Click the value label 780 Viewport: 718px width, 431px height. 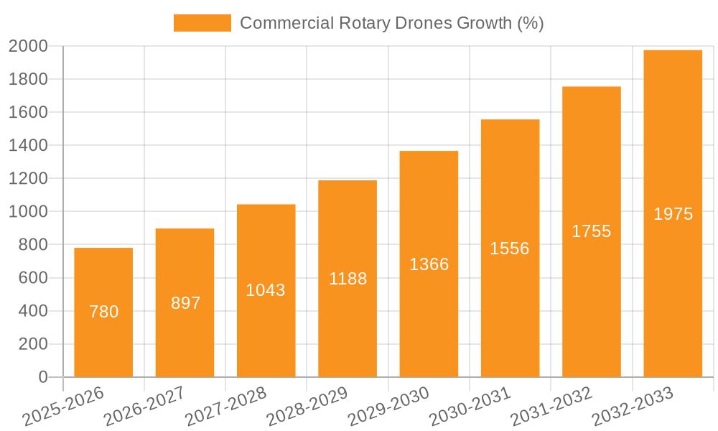[103, 312]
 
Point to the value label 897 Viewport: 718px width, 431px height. [185, 303]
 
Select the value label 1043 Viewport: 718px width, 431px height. [266, 290]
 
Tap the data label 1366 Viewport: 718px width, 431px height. [429, 264]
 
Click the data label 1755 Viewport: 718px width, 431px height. [591, 231]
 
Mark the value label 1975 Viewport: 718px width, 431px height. [673, 214]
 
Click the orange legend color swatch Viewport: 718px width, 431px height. [202, 23]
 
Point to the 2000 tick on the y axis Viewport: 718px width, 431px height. [28, 46]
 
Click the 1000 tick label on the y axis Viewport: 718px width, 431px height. [28, 212]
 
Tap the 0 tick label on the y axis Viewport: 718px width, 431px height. [42, 377]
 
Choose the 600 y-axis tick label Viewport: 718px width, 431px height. [32, 278]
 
